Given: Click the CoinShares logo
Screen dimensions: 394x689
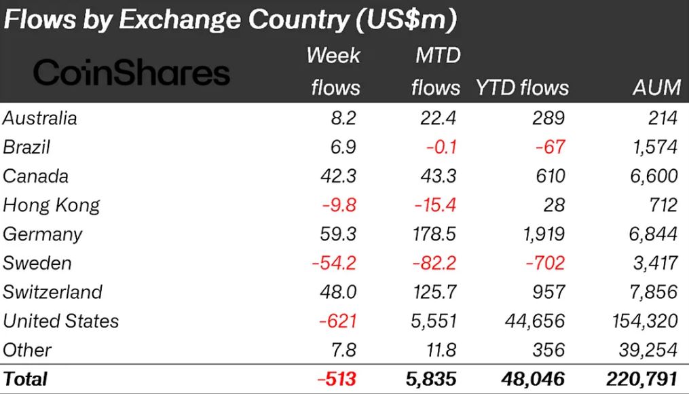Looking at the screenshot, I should (x=132, y=73).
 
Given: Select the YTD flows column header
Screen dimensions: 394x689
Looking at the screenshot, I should (x=521, y=87).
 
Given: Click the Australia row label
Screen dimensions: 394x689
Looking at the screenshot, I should (x=40, y=118).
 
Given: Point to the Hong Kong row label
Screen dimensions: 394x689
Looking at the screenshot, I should (x=52, y=204).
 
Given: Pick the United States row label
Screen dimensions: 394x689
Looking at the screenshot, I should (x=61, y=321).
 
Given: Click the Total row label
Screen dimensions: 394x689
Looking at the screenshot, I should (x=26, y=378).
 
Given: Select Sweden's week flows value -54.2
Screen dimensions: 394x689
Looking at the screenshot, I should (x=334, y=263).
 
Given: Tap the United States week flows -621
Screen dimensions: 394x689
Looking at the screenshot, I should (x=337, y=321).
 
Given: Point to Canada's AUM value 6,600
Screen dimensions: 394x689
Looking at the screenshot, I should (x=653, y=176).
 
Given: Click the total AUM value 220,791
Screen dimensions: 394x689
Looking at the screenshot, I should (x=642, y=378).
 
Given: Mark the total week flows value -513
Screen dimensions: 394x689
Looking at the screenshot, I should (x=336, y=378).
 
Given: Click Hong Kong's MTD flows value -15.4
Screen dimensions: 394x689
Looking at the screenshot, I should (x=437, y=204).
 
